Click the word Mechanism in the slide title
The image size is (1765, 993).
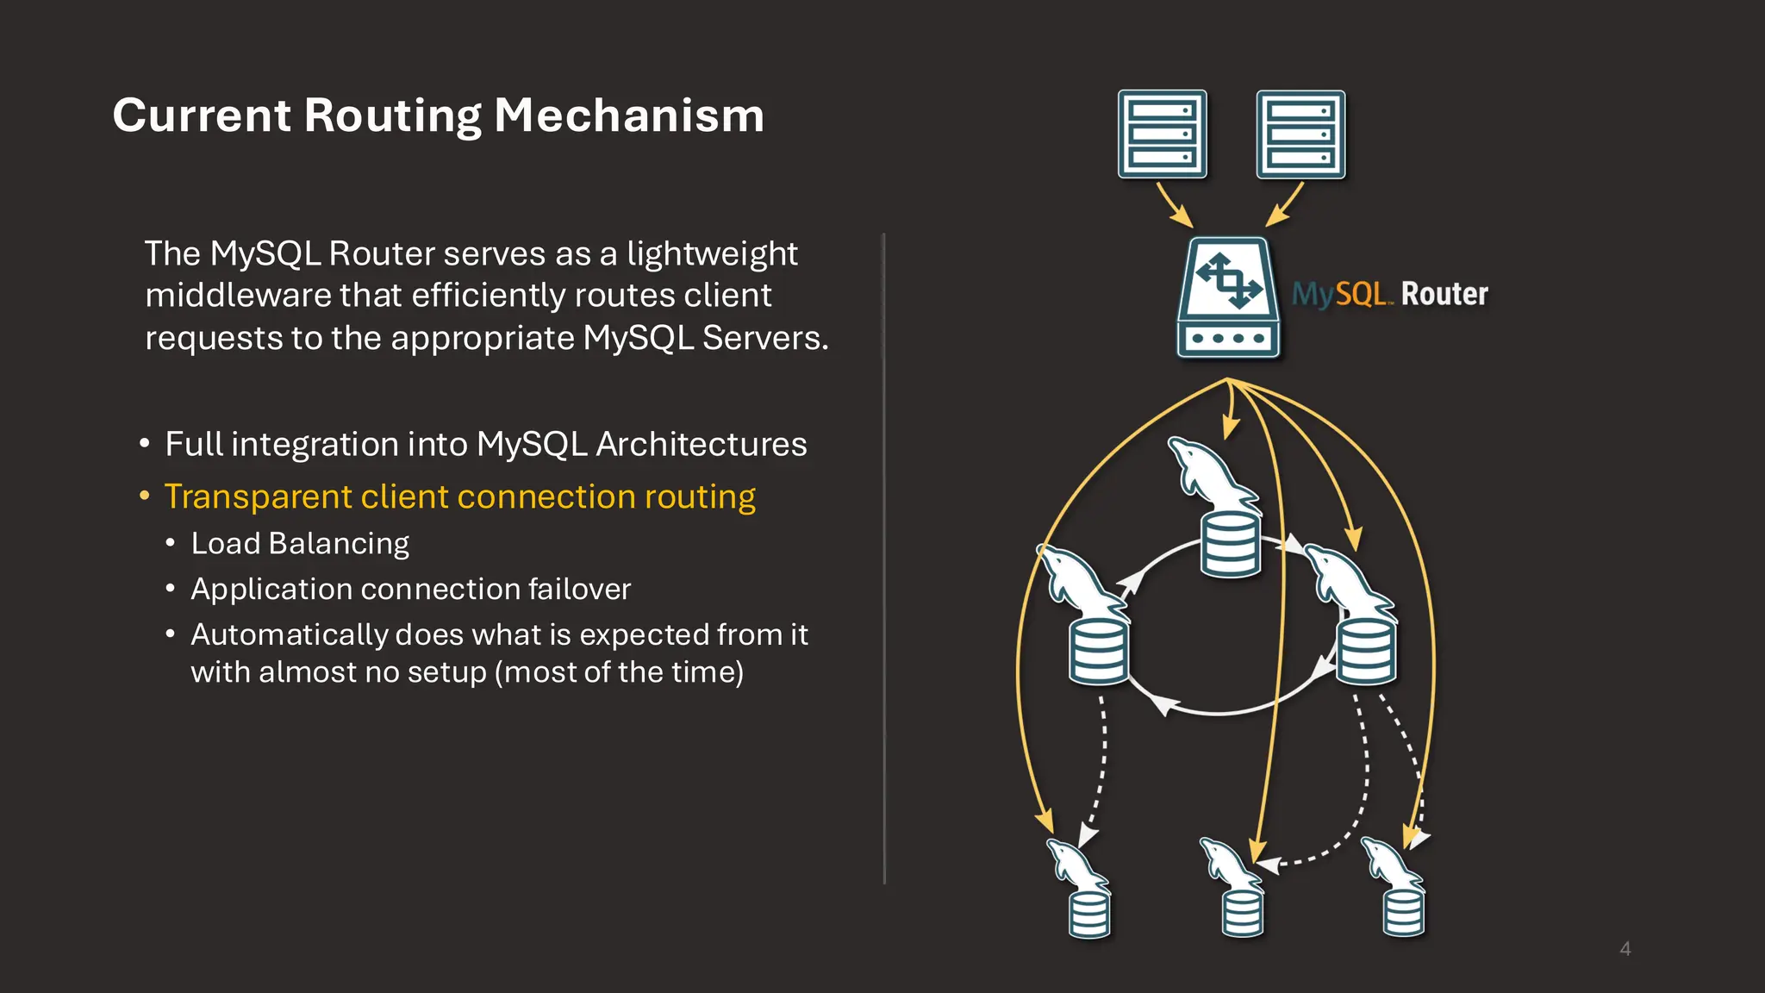tap(629, 116)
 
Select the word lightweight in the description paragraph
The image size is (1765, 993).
tap(712, 253)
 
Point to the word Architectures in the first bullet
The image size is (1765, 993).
tap(701, 444)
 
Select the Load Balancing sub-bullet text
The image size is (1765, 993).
tap(300, 543)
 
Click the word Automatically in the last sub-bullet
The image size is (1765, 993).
tap(290, 634)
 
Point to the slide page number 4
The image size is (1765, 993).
tap(1625, 949)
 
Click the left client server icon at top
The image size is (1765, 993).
tap(1162, 134)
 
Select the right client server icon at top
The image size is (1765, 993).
tap(1300, 134)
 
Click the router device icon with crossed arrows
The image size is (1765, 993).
tap(1228, 297)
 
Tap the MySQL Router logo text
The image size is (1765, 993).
tap(1389, 294)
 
